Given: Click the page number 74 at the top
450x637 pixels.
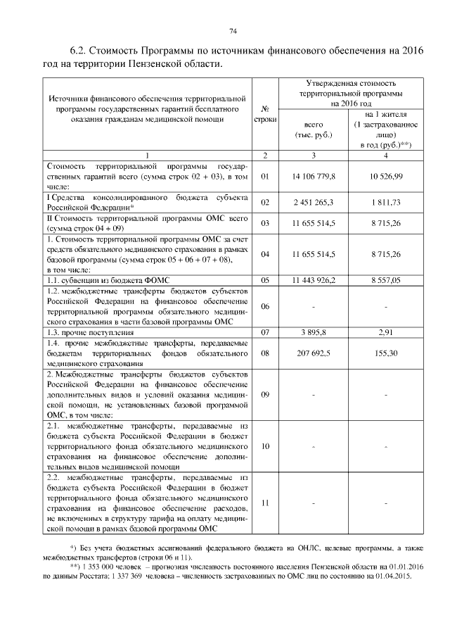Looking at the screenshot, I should click(x=233, y=30).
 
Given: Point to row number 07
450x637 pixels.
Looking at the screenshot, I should click(x=265, y=331).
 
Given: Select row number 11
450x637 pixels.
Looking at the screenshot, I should click(x=265, y=503).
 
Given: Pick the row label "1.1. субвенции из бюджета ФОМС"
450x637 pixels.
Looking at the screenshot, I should click(x=108, y=280).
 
